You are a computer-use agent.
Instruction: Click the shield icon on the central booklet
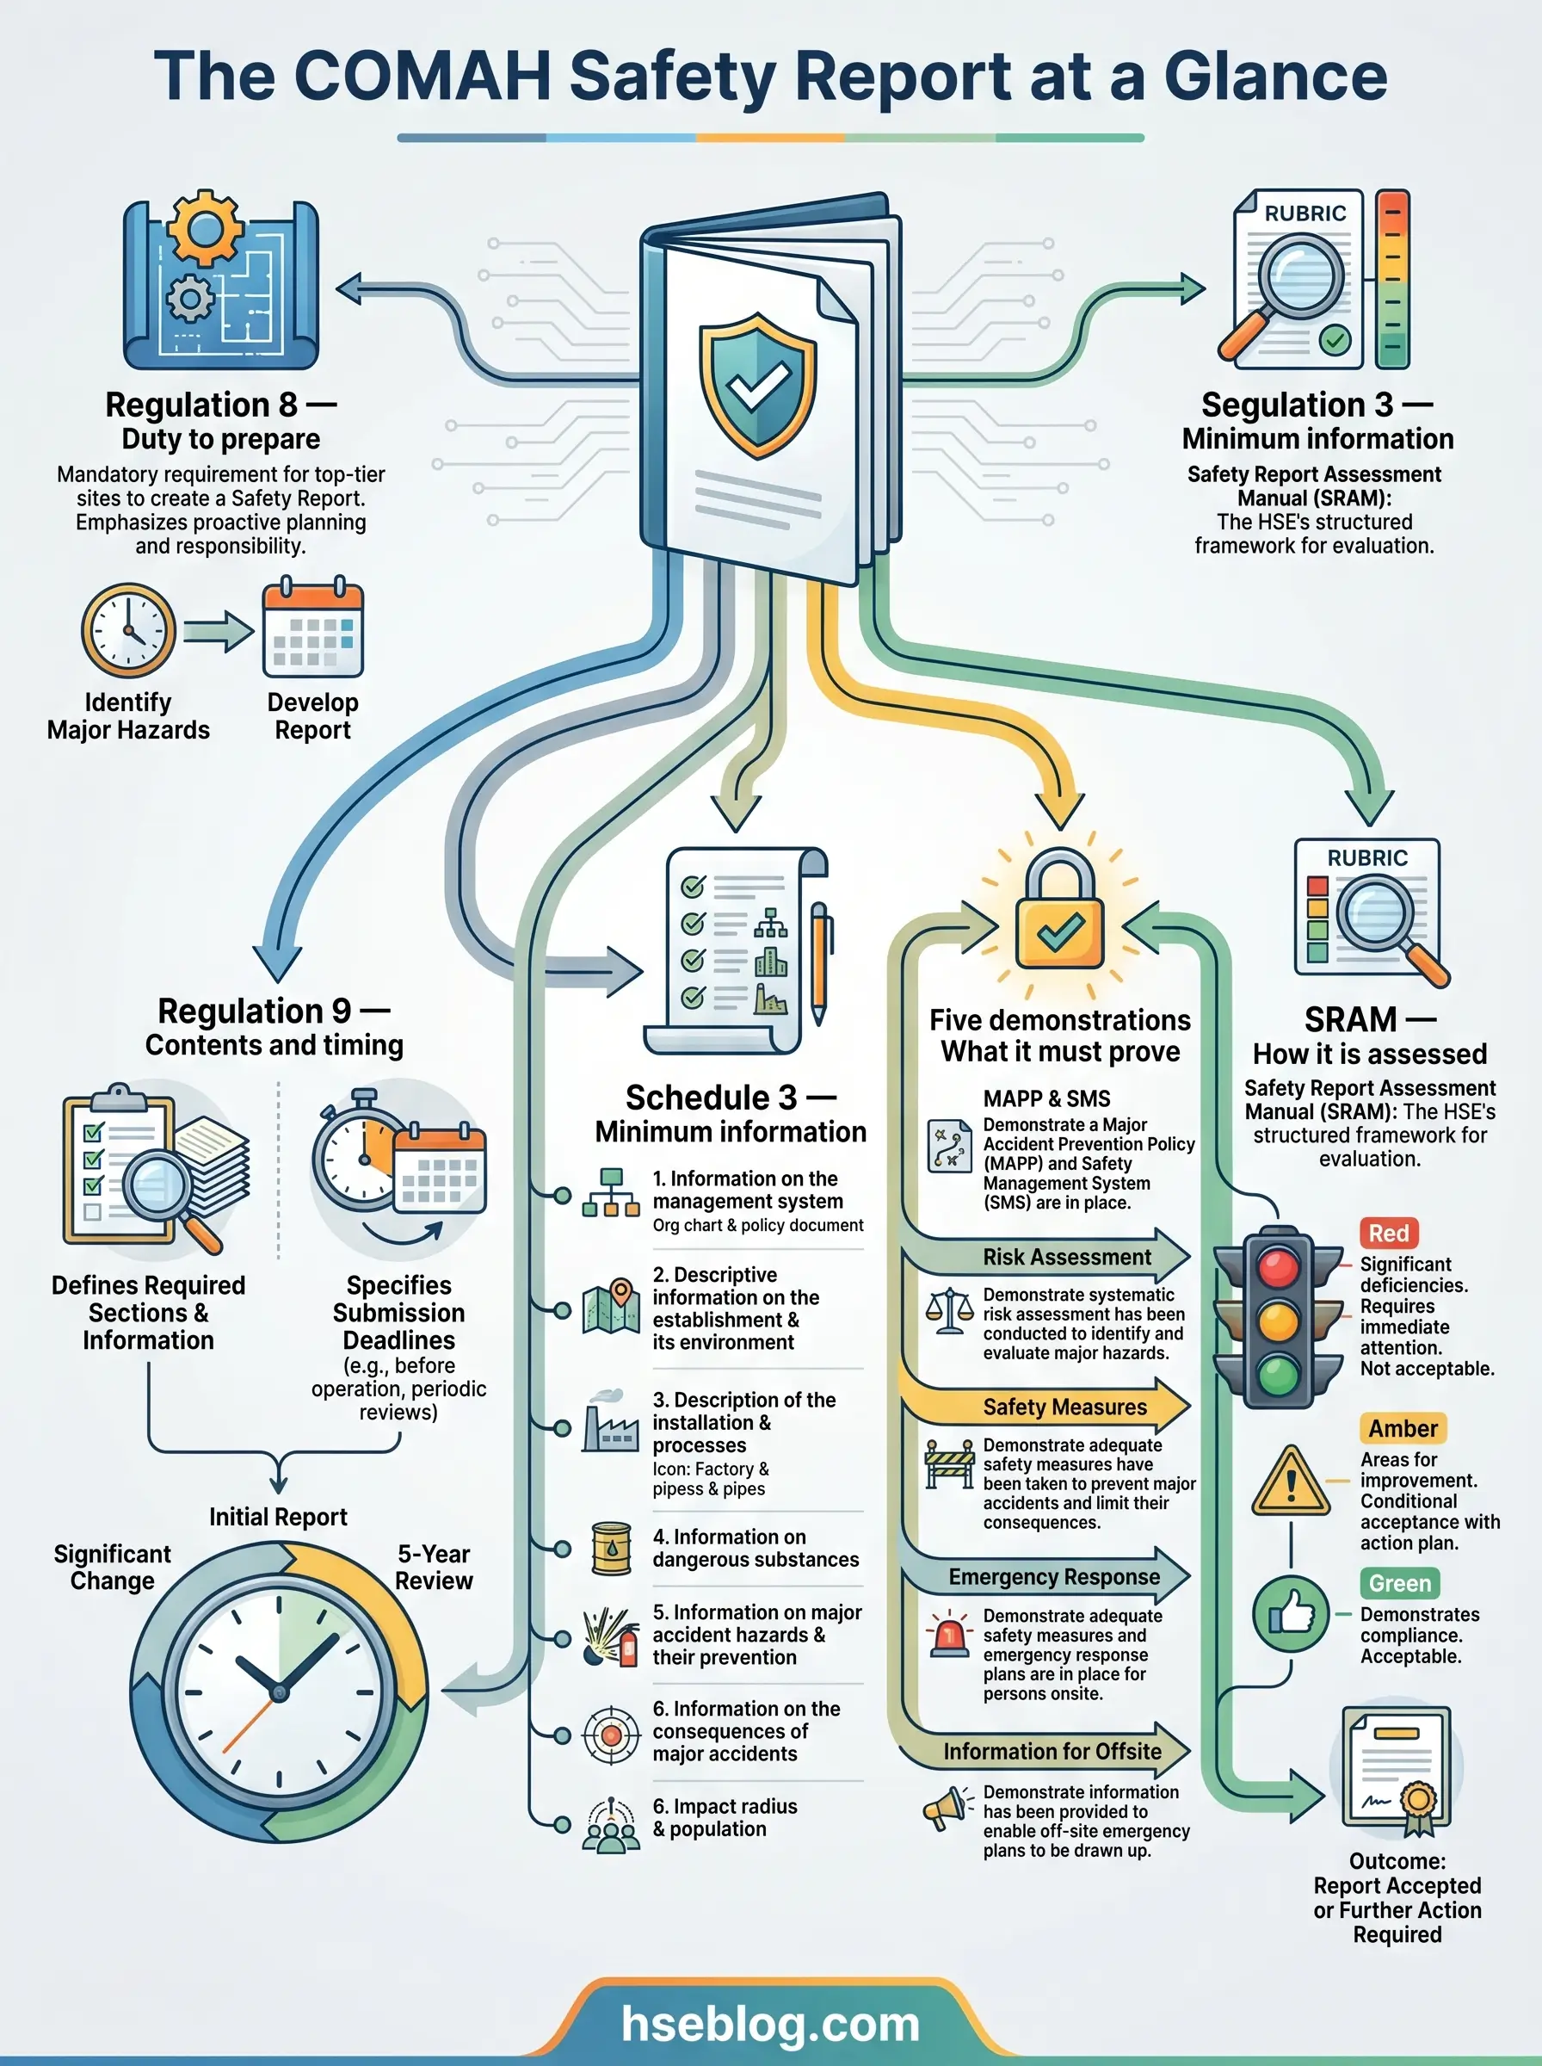tap(758, 386)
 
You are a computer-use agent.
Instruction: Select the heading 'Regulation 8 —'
tap(220, 405)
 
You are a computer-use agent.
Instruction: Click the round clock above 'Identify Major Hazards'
tap(129, 630)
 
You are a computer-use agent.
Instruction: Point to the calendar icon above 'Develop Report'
tap(312, 628)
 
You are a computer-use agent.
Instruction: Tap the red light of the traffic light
tap(1279, 1267)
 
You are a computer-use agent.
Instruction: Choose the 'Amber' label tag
tap(1402, 1428)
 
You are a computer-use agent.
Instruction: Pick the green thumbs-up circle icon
tap(1291, 1612)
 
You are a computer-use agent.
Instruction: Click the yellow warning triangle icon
tap(1291, 1482)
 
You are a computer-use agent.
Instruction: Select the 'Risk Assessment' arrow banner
tap(1045, 1257)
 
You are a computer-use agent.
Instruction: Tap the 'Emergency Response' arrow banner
tap(1045, 1576)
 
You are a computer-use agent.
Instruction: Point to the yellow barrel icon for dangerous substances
tap(612, 1548)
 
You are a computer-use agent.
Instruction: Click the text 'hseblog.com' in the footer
tap(770, 2023)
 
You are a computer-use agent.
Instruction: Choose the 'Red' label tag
tap(1388, 1234)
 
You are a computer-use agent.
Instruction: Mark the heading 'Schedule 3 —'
tap(730, 1097)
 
